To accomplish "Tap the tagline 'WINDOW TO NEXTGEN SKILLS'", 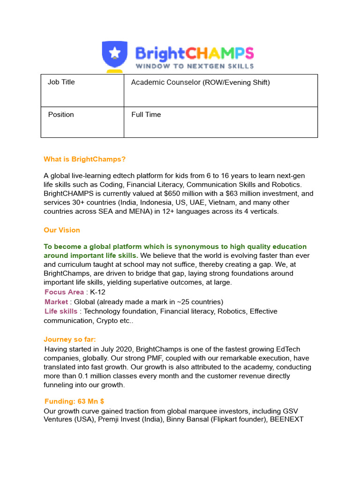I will pyautogui.click(x=195, y=66).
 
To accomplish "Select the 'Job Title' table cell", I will pyautogui.click(x=61, y=82).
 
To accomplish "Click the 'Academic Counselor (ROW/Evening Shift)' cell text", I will pyautogui.click(x=201, y=82).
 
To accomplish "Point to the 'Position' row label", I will pyautogui.click(x=61, y=114).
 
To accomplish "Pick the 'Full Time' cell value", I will pyautogui.click(x=146, y=114).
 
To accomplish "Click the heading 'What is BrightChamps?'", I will pyautogui.click(x=85, y=159).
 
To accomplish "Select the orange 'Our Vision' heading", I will pyautogui.click(x=62, y=230).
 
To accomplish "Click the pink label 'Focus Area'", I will pyautogui.click(x=64, y=292).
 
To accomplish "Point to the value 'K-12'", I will pyautogui.click(x=98, y=292).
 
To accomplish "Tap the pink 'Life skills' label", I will pyautogui.click(x=61, y=311).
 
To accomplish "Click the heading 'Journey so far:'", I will pyautogui.click(x=73, y=339).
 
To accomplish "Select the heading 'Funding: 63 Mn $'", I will pyautogui.click(x=75, y=401).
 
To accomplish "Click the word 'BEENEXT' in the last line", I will pyautogui.click(x=287, y=420).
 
